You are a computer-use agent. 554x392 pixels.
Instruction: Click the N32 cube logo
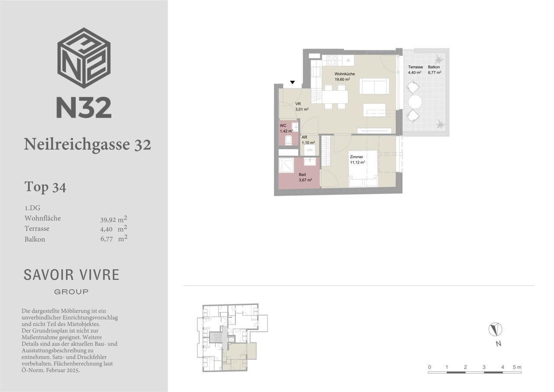pyautogui.click(x=84, y=58)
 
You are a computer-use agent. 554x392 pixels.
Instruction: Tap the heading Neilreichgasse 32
pyautogui.click(x=87, y=144)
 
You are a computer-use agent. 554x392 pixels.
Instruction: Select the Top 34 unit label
pyautogui.click(x=45, y=187)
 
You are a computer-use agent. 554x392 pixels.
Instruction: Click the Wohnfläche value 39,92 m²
pyautogui.click(x=114, y=219)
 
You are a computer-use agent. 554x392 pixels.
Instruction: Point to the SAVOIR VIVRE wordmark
pyautogui.click(x=71, y=275)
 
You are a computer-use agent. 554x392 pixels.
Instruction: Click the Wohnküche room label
pyautogui.click(x=345, y=74)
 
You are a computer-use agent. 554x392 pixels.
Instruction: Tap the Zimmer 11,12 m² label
pyautogui.click(x=358, y=160)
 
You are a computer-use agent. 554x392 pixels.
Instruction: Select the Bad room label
pyautogui.click(x=302, y=175)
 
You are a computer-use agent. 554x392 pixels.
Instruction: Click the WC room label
pyautogui.click(x=283, y=126)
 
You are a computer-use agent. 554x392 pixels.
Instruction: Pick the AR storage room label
pyautogui.click(x=304, y=137)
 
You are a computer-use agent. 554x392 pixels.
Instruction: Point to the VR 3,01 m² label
pyautogui.click(x=302, y=107)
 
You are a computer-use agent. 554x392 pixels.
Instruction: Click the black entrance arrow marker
pyautogui.click(x=292, y=82)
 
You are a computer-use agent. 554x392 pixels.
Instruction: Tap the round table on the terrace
pyautogui.click(x=415, y=102)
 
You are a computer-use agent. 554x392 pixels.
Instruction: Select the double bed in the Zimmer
pyautogui.click(x=363, y=168)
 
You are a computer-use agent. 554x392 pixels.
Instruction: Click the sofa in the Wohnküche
pyautogui.click(x=374, y=86)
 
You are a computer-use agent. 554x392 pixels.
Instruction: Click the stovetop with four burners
pyautogui.click(x=332, y=60)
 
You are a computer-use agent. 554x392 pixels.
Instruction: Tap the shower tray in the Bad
pyautogui.click(x=287, y=165)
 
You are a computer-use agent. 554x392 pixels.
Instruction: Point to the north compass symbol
pyautogui.click(x=496, y=329)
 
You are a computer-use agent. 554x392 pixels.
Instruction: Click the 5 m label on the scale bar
pyautogui.click(x=517, y=367)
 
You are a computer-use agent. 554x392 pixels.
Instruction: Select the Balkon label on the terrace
pyautogui.click(x=434, y=67)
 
